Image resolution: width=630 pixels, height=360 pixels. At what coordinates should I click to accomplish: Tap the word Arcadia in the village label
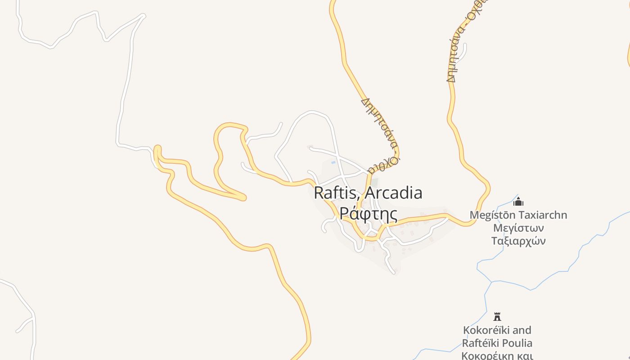click(x=394, y=193)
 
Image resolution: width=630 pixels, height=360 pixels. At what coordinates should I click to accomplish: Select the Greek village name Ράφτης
click(x=368, y=213)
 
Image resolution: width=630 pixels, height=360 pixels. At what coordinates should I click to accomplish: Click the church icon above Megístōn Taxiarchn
click(x=518, y=202)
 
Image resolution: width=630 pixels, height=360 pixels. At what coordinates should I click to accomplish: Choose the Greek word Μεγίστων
click(x=518, y=228)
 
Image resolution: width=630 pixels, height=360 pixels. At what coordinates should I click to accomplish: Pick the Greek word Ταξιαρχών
click(x=518, y=241)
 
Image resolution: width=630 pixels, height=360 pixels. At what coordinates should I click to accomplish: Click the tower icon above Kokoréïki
click(x=497, y=316)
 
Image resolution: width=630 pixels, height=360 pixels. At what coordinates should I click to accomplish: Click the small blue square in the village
click(x=333, y=162)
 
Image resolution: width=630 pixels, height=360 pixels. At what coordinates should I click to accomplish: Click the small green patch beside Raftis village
click(x=374, y=183)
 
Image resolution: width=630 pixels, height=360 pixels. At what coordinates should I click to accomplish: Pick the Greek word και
click(x=525, y=355)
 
